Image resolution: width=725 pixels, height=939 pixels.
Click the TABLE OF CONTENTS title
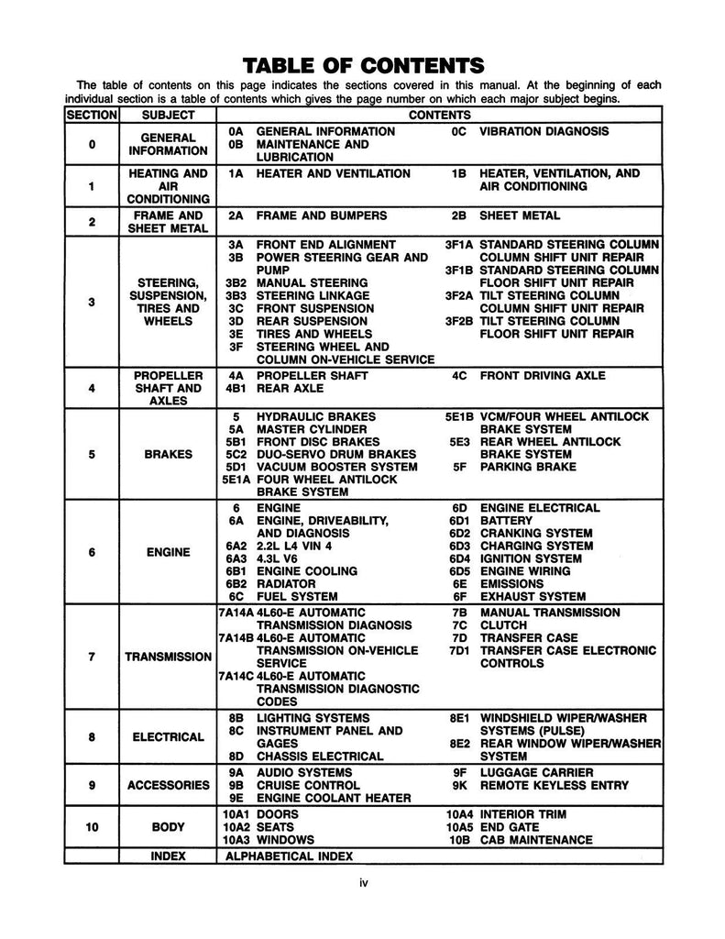tap(362, 65)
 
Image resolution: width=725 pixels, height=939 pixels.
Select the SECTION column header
tap(92, 116)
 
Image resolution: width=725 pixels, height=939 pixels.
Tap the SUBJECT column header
tap(169, 116)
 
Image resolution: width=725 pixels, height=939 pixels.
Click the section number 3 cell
tap(92, 303)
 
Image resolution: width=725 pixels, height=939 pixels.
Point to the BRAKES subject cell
tap(169, 454)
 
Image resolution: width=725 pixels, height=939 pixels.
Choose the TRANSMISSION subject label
tap(169, 657)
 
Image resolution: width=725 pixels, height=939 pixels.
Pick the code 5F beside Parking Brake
tap(460, 467)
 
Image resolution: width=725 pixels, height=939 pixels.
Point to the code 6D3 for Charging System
tap(460, 546)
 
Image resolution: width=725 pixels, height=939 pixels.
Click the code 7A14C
tap(236, 676)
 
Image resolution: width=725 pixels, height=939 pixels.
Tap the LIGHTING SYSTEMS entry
tap(313, 717)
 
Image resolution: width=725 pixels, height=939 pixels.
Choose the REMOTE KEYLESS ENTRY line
tap(555, 785)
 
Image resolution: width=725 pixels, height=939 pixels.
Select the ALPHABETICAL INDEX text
tap(290, 856)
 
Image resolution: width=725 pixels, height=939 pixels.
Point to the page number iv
tap(363, 884)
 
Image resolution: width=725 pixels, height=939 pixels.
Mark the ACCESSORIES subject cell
tap(169, 785)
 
